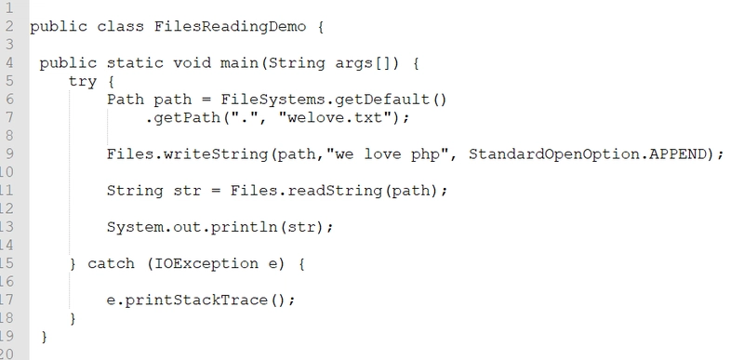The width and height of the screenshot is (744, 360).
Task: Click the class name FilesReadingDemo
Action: [230, 27]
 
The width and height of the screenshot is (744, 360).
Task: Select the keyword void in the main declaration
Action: [192, 63]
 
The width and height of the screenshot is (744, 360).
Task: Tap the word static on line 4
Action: [135, 63]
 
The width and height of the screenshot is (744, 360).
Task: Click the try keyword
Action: [83, 82]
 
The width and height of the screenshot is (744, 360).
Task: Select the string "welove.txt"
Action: [335, 117]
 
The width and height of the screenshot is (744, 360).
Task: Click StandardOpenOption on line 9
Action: [553, 154]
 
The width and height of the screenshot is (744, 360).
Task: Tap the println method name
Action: [245, 228]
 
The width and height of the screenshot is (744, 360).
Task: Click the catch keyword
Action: [111, 263]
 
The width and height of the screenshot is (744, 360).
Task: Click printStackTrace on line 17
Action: [196, 300]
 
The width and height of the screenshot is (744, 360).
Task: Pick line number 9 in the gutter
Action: [9, 154]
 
